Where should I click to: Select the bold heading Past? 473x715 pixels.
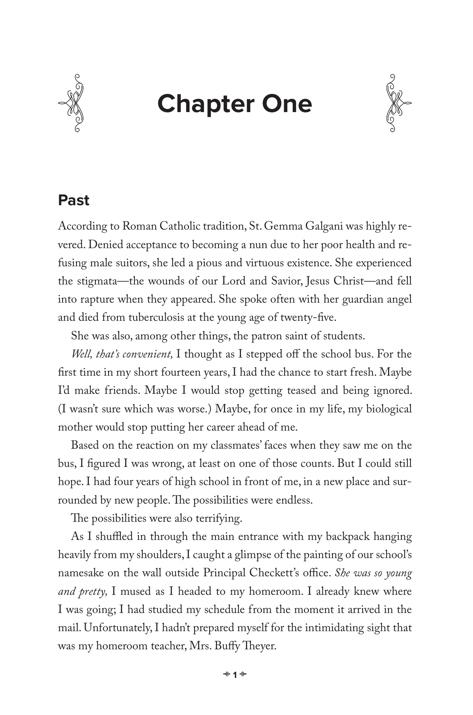[x=73, y=201]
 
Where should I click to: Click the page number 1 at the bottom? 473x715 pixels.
[x=235, y=686]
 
